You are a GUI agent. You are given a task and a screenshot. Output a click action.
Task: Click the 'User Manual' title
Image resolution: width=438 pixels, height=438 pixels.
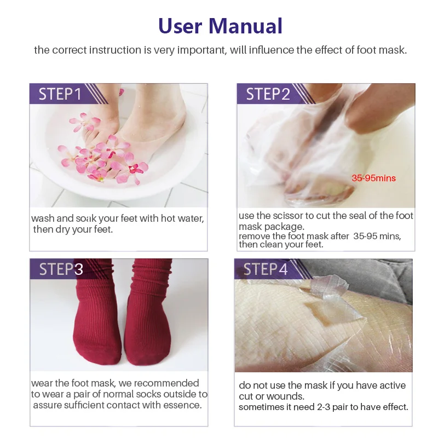click(x=220, y=26)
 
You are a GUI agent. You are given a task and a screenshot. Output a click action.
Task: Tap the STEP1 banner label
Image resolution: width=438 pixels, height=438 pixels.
click(x=60, y=94)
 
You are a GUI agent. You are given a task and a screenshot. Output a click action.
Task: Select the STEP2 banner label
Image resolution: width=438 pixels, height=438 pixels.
click(x=268, y=94)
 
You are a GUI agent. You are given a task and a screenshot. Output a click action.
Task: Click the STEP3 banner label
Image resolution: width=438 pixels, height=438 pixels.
click(x=61, y=269)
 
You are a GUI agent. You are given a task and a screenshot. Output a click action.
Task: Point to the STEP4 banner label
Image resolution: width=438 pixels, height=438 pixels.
click(x=265, y=269)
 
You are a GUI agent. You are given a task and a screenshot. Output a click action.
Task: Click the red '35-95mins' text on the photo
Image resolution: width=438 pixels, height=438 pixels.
click(x=373, y=178)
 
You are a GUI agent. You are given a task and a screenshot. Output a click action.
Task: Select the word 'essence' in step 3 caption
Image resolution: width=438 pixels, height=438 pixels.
click(x=182, y=405)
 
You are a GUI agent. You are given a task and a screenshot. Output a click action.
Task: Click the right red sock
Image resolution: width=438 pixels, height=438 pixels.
click(x=147, y=318)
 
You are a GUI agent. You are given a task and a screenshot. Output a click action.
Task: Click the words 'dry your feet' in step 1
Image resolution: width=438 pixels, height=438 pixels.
click(x=83, y=229)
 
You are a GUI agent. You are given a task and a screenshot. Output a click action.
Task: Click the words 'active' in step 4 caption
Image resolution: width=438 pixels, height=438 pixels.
click(x=391, y=385)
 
